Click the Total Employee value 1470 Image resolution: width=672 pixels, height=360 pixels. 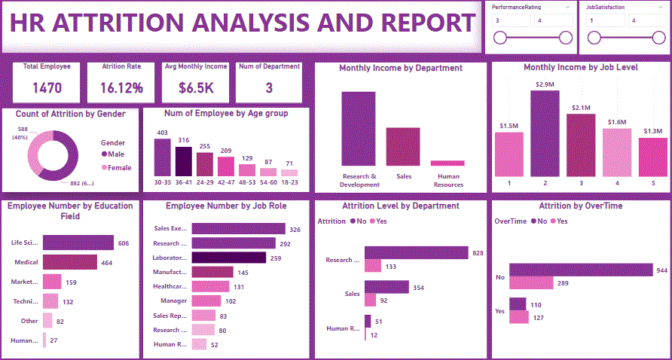click(x=47, y=88)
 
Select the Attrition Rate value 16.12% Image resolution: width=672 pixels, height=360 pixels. click(x=121, y=88)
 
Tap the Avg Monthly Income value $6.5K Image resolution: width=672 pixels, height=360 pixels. click(x=196, y=88)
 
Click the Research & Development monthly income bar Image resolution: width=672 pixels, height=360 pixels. click(x=359, y=128)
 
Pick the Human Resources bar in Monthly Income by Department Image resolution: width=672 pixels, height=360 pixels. click(x=447, y=163)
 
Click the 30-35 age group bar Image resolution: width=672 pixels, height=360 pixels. click(x=162, y=157)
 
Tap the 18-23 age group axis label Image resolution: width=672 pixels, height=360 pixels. click(x=289, y=182)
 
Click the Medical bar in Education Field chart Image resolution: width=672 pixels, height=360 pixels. click(x=70, y=261)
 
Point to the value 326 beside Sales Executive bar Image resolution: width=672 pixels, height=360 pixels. click(x=295, y=229)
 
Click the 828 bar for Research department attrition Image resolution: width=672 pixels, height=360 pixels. click(x=417, y=254)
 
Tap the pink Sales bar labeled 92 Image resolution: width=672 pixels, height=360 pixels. click(x=370, y=300)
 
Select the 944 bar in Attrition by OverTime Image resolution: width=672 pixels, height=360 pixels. click(x=581, y=270)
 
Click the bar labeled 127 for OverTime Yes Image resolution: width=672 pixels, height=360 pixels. click(x=519, y=317)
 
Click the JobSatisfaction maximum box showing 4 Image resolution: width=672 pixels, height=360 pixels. click(x=644, y=20)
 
